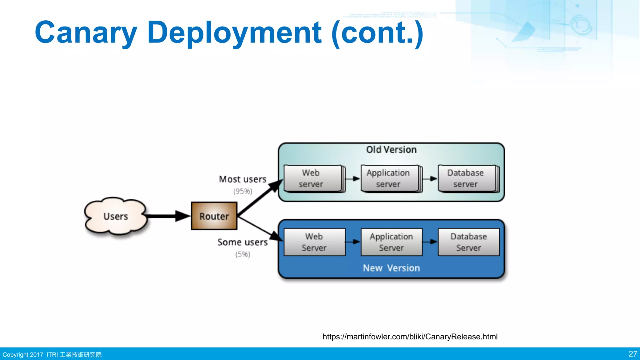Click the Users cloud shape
(116, 216)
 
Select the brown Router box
(214, 216)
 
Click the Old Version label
(391, 150)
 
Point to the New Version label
(391, 268)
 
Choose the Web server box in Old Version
(313, 178)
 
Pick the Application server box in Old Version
(390, 178)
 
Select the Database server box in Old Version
(467, 178)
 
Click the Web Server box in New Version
(314, 242)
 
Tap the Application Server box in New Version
(391, 242)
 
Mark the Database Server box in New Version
(468, 242)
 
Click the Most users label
(242, 179)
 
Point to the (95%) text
(242, 191)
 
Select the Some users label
(242, 242)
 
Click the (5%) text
(242, 254)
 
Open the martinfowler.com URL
(410, 337)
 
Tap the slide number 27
(632, 354)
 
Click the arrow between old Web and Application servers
(353, 179)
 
